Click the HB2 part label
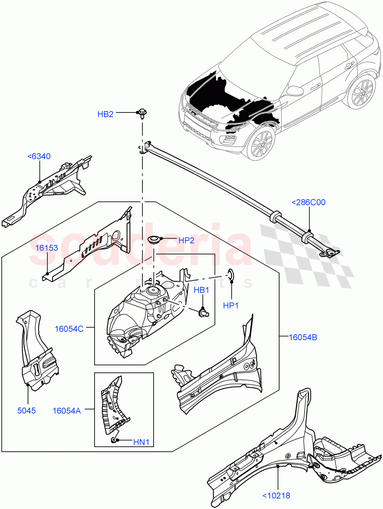point(105,114)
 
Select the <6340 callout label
point(39,157)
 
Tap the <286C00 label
point(308,202)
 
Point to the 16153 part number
point(47,248)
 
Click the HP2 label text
point(186,241)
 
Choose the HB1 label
point(202,290)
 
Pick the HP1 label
point(232,305)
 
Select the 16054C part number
point(69,329)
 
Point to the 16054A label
point(67,410)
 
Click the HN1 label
point(141,442)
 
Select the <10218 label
point(276,495)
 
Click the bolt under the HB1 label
point(203,313)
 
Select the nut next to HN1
point(114,440)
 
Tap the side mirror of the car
point(294,90)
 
